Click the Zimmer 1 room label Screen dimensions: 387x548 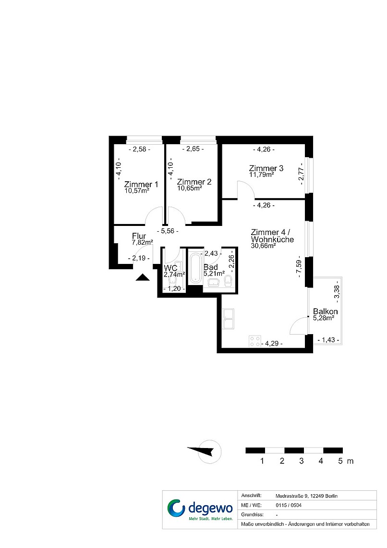tap(141, 184)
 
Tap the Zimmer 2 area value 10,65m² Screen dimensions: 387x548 tap(190, 188)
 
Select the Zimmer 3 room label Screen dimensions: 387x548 tap(266, 168)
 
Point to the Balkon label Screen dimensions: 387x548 tap(325, 311)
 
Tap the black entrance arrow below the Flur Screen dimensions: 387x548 tap(143, 277)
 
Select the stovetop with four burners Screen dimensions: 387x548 tap(255, 341)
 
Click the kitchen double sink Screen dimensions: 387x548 tap(228, 319)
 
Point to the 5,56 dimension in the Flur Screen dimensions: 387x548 tap(168, 231)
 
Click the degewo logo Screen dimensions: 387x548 tap(200, 509)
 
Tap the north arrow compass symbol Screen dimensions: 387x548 tap(206, 451)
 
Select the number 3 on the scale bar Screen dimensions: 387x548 tap(301, 461)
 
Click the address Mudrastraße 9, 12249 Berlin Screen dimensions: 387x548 tap(306, 496)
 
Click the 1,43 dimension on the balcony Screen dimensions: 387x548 tap(328, 340)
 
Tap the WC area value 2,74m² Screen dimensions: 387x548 tap(174, 274)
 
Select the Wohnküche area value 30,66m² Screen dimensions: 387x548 tap(263, 246)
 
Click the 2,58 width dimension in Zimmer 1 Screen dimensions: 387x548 tap(140, 149)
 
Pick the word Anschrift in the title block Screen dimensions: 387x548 tap(251, 496)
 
